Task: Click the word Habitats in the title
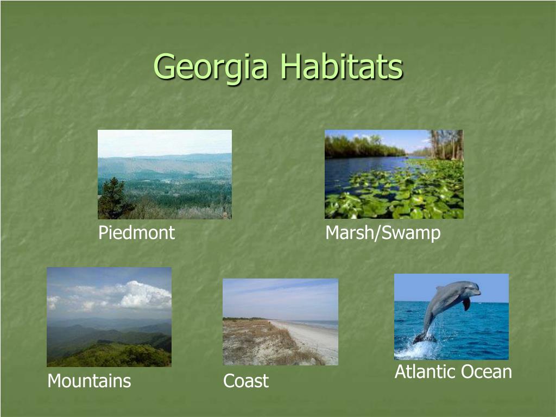point(342,66)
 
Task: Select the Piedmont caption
point(136,232)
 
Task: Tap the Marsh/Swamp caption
point(383,233)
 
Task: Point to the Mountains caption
point(90,381)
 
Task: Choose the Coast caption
point(246,381)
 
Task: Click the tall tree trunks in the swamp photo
point(447,144)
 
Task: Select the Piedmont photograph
point(165,174)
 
